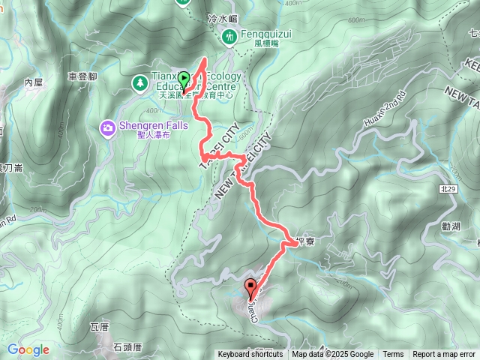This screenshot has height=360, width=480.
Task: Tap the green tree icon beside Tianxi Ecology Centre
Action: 139,81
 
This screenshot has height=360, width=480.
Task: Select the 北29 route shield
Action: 448,190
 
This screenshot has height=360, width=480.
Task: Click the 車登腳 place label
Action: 82,76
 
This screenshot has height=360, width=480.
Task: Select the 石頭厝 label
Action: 128,346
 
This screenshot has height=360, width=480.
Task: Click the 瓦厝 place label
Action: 100,327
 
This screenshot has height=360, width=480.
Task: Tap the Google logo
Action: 28,350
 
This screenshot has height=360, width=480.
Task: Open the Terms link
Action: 393,355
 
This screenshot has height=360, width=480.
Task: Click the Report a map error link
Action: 444,355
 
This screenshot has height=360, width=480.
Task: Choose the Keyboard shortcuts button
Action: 250,355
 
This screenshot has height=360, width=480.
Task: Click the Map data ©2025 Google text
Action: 333,355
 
